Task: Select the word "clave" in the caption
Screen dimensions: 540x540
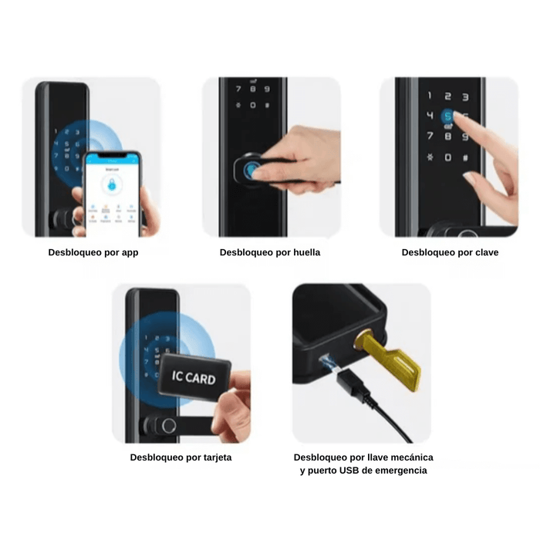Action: pos(483,252)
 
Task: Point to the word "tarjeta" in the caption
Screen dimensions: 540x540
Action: pos(214,457)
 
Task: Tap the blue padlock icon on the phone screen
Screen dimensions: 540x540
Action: pos(113,186)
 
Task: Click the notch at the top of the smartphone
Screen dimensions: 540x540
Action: pos(113,154)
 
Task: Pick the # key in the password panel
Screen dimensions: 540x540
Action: pos(465,157)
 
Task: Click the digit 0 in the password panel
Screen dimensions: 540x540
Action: pos(447,157)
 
